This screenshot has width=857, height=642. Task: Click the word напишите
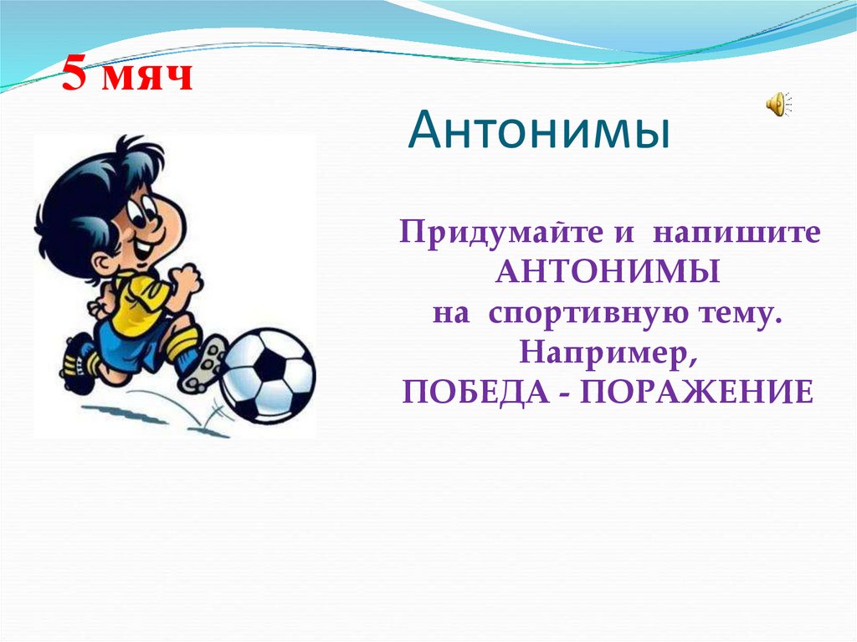pos(738,233)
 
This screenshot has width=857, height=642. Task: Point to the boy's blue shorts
pos(126,343)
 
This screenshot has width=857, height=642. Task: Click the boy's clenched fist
pos(185,280)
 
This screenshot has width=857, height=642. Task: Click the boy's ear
pos(102,263)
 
